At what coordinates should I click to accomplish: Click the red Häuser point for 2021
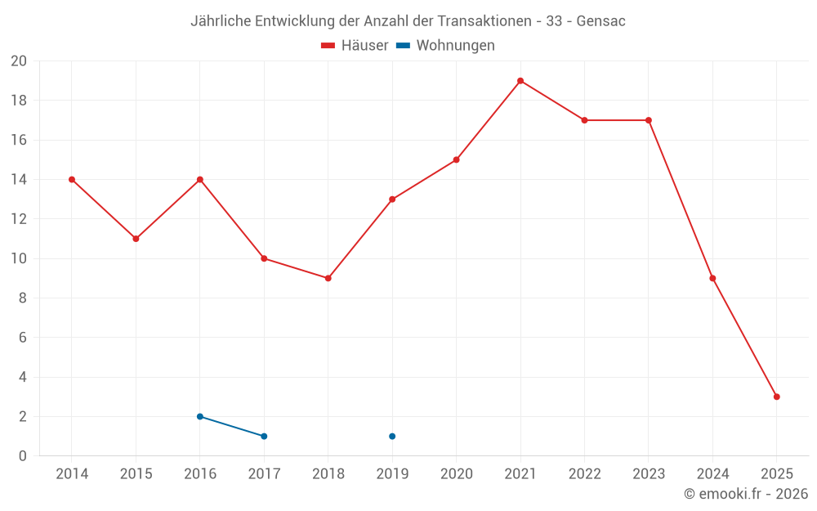pos(520,81)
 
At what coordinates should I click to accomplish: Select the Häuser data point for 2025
pos(776,397)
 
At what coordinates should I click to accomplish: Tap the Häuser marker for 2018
pos(328,278)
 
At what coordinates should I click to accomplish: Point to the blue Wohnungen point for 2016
pos(200,416)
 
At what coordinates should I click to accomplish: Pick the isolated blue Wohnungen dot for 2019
pos(392,436)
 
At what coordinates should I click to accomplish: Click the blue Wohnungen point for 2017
pos(264,436)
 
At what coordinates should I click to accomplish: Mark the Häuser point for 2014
pos(72,180)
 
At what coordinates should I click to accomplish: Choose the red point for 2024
pos(712,278)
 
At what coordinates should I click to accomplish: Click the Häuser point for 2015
pos(136,239)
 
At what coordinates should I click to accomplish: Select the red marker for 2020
pos(456,159)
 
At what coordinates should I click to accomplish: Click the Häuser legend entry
pos(355,46)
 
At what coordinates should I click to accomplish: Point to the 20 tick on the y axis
pos(19,61)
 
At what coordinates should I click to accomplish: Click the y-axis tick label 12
pos(19,219)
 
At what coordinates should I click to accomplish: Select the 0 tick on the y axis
pos(22,455)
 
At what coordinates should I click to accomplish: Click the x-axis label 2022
pos(584,474)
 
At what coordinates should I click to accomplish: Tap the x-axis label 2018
pos(328,474)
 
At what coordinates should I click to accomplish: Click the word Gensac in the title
pos(600,21)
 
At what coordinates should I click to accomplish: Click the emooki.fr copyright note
pos(745,494)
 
